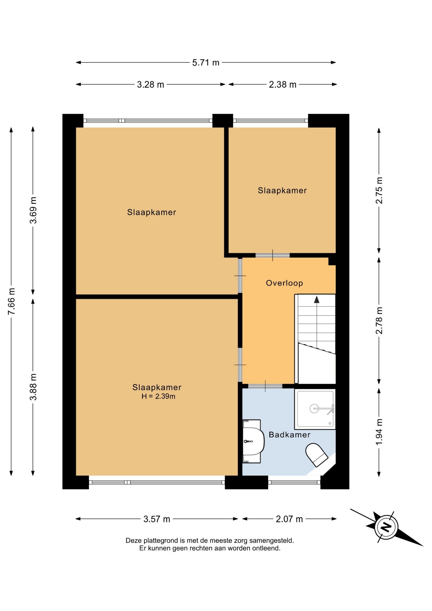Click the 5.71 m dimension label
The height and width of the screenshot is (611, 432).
(x=206, y=63)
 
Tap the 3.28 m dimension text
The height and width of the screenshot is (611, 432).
(x=150, y=85)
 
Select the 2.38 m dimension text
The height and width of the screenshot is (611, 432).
(x=282, y=85)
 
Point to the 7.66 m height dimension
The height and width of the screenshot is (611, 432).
(x=11, y=301)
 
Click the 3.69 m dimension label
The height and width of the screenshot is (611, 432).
(x=33, y=210)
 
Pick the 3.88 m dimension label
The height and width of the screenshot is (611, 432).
(x=33, y=387)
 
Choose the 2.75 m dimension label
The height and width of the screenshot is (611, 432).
(x=379, y=190)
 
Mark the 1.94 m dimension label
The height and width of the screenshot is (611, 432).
(x=379, y=432)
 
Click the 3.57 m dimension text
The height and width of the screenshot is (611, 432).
(x=157, y=519)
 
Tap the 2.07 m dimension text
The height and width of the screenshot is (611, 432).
(x=289, y=519)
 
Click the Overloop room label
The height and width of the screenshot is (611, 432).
(x=284, y=283)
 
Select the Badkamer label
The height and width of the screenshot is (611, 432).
(x=289, y=435)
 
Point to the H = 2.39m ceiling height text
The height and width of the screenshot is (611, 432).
(x=158, y=397)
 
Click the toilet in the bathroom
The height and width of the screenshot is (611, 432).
(x=317, y=455)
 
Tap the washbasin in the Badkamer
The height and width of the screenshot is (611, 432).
(x=253, y=441)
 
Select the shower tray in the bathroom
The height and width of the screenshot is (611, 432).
(x=315, y=409)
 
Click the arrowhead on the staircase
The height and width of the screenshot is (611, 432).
(x=317, y=299)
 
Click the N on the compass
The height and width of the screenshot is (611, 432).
(x=386, y=527)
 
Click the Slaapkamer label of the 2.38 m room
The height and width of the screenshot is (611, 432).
(x=282, y=191)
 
